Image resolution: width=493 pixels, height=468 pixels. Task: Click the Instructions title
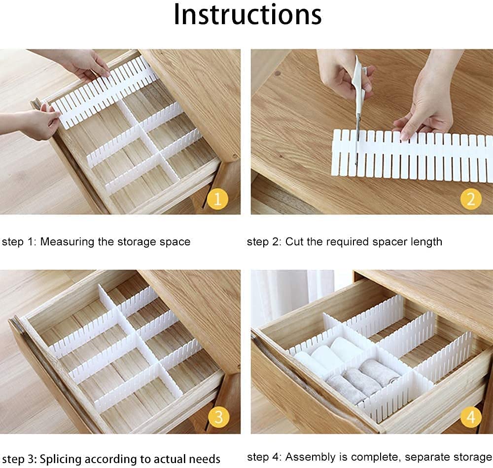(x=247, y=15)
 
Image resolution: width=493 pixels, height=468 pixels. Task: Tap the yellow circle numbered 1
(x=217, y=199)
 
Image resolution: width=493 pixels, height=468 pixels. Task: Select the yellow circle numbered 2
(x=470, y=199)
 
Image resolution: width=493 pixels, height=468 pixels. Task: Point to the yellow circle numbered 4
(x=470, y=418)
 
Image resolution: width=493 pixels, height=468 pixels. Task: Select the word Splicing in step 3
(x=59, y=459)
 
